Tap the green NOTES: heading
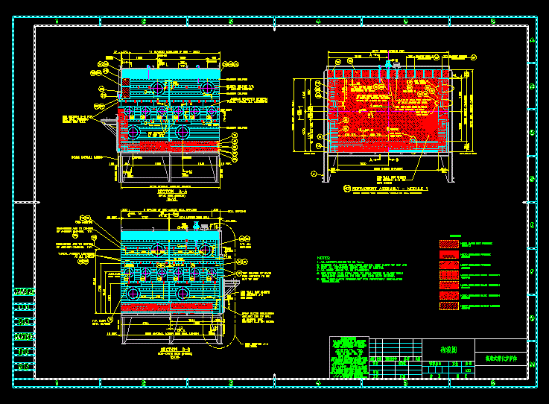(324, 258)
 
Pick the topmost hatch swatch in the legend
(450, 244)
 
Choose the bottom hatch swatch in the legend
(450, 306)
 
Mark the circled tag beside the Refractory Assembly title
(346, 189)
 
